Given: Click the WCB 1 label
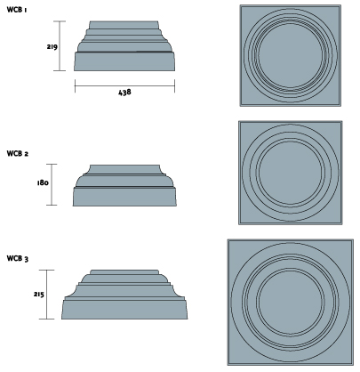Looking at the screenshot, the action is pyautogui.click(x=17, y=10).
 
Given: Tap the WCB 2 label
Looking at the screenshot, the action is pyautogui.click(x=18, y=153).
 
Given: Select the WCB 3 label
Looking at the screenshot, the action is pyautogui.click(x=18, y=258).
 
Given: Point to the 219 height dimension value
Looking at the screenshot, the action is pyautogui.click(x=52, y=46).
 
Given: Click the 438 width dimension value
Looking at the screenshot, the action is pyautogui.click(x=124, y=93).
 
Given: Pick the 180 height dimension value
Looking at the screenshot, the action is pyautogui.click(x=43, y=182).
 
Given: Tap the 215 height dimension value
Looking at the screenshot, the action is pyautogui.click(x=39, y=295).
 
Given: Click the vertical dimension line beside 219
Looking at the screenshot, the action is pyautogui.click(x=60, y=46).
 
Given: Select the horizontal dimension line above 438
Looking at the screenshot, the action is pyautogui.click(x=124, y=85).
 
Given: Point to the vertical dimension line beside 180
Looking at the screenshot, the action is pyautogui.click(x=52, y=184).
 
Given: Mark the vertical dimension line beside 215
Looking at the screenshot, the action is pyautogui.click(x=47, y=295).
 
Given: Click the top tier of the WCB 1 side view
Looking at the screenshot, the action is pyautogui.click(x=124, y=25).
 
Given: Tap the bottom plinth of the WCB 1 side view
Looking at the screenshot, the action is pyautogui.click(x=124, y=61).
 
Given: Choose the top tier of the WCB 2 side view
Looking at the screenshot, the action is pyautogui.click(x=124, y=169).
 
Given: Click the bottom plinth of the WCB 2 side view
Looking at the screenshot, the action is pyautogui.click(x=124, y=197).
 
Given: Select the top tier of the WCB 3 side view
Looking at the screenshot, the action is pyautogui.click(x=124, y=272).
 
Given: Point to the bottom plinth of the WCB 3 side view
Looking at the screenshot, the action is pyautogui.click(x=124, y=310).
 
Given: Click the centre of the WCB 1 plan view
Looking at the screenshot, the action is pyautogui.click(x=291, y=55).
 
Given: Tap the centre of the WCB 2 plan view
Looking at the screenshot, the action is pyautogui.click(x=291, y=173).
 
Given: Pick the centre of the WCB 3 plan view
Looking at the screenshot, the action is pyautogui.click(x=291, y=303).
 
